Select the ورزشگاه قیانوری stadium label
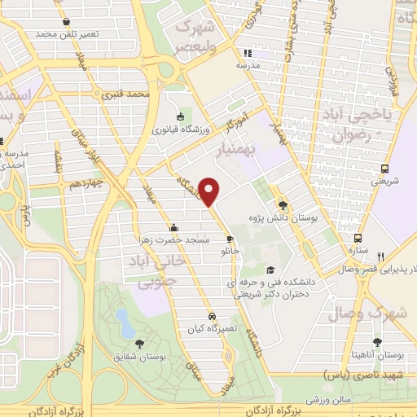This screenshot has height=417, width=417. click(x=179, y=129)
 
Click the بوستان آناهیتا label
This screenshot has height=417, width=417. click(x=376, y=355)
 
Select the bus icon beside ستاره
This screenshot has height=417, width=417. click(x=356, y=229)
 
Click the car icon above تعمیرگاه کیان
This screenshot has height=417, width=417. click(x=212, y=314)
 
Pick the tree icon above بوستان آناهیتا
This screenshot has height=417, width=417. click(x=376, y=343)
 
